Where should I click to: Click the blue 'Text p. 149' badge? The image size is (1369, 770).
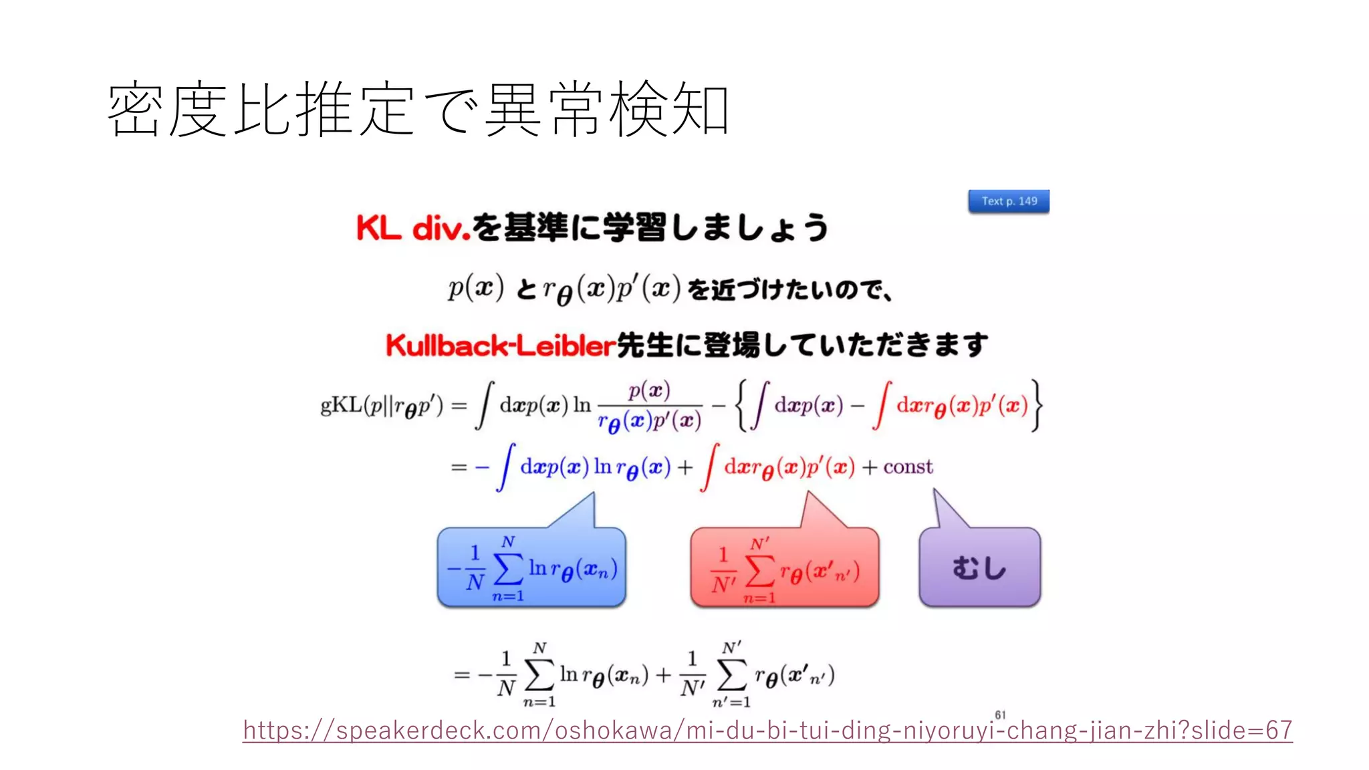[1009, 201]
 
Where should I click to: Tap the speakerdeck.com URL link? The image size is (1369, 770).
[767, 730]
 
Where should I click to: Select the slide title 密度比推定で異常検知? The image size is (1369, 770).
[418, 109]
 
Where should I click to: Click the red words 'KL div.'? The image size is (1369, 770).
[413, 228]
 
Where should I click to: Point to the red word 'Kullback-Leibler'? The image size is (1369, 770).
[500, 346]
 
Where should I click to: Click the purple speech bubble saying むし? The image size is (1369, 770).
[979, 568]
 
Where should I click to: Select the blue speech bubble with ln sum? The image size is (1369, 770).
[531, 568]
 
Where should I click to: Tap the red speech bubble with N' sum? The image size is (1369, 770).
[784, 568]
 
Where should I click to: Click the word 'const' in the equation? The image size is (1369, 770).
[908, 467]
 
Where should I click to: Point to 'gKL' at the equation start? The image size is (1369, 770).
[341, 405]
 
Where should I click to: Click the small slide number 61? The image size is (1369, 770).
[1000, 715]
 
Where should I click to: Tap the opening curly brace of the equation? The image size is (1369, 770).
[741, 405]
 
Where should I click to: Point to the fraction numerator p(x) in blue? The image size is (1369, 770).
[649, 390]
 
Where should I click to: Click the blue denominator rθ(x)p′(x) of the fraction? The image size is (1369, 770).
[649, 421]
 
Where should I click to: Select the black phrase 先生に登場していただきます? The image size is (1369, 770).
[801, 346]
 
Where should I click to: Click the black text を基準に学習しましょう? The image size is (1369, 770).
[650, 228]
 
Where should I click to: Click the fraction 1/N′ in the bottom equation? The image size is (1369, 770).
[693, 674]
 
